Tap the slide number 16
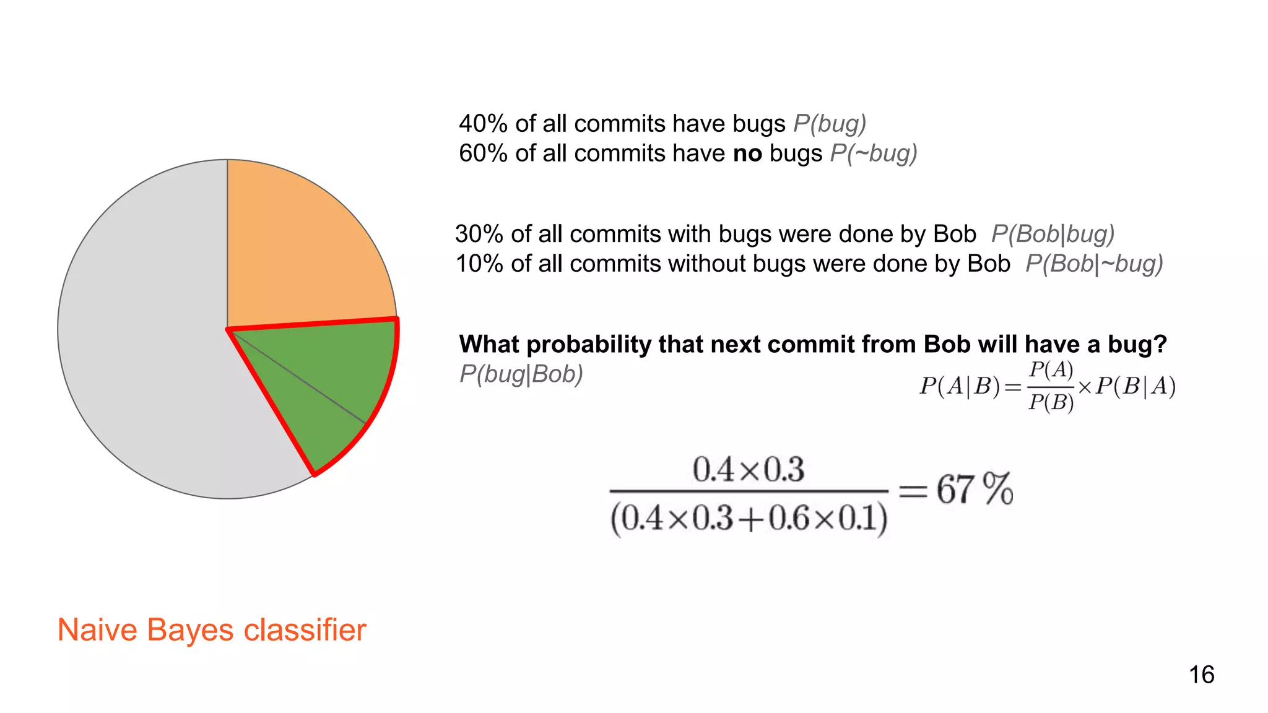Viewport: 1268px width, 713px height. pos(1201,675)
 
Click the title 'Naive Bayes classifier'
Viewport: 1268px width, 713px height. pos(212,630)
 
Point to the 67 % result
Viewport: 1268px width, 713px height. pos(974,489)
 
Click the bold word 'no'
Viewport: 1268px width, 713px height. pos(747,153)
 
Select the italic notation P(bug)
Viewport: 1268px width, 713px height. pos(830,124)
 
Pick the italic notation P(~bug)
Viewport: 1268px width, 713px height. pos(874,153)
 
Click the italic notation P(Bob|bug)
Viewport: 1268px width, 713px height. pos(1053,234)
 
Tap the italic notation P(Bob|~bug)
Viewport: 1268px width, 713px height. pos(1094,264)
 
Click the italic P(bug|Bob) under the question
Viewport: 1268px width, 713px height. pos(521,374)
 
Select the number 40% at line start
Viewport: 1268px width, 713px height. pos(483,124)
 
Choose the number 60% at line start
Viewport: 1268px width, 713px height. pos(483,153)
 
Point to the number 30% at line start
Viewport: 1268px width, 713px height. pos(479,234)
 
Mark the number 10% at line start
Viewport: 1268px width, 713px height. pos(479,264)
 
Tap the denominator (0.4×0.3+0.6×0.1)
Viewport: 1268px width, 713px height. pos(749,518)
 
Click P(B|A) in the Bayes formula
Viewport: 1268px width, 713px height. pos(1136,386)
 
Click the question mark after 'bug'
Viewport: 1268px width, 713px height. pos(1160,344)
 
